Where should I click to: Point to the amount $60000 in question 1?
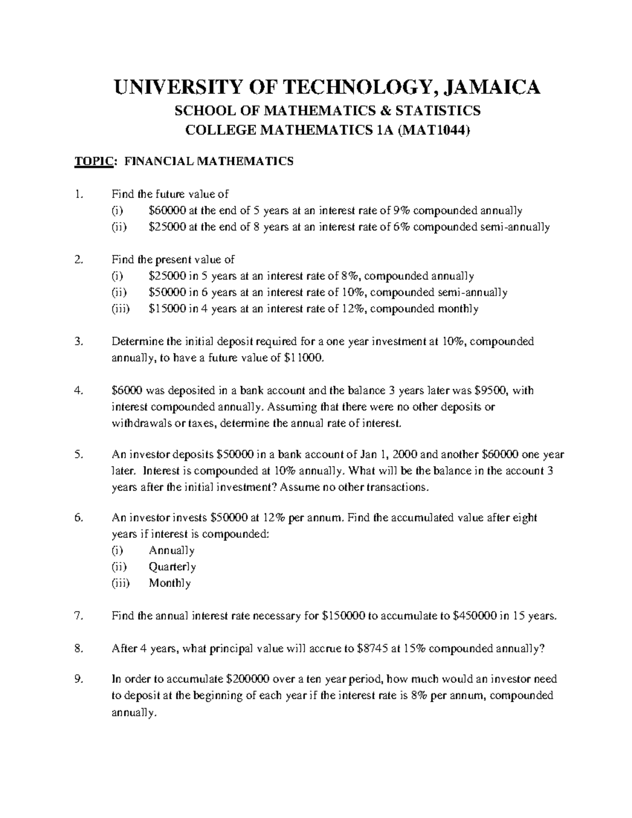(167, 211)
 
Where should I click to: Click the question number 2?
(78, 260)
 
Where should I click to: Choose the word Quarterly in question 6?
(172, 567)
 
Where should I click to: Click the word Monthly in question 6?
(170, 583)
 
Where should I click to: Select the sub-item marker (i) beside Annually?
(117, 550)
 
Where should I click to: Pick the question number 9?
(78, 679)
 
